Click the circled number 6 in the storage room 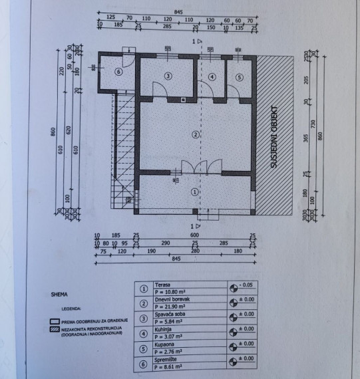click(x=118, y=73)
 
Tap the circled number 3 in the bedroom click(x=168, y=76)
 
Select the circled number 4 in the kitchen click(x=212, y=77)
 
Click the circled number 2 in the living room click(x=195, y=134)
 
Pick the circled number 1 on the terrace click(x=194, y=191)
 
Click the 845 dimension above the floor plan click(x=178, y=11)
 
